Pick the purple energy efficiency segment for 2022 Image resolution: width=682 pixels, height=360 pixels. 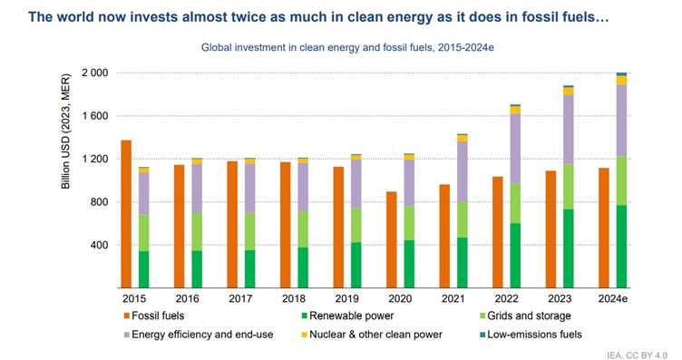[516, 149]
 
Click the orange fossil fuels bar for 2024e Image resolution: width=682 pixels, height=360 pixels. [604, 228]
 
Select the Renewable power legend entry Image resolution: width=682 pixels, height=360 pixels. [346, 316]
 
